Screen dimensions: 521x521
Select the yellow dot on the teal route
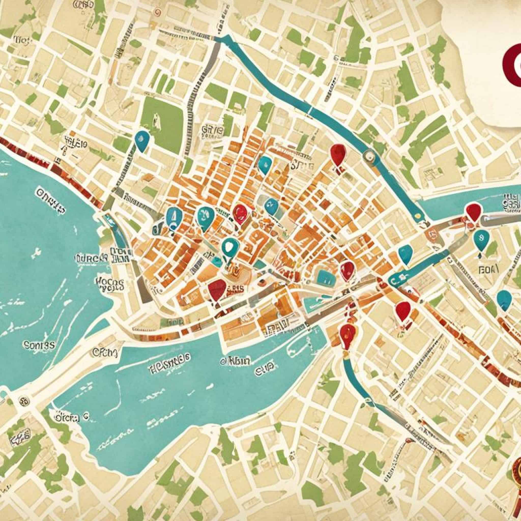click(418, 216)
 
